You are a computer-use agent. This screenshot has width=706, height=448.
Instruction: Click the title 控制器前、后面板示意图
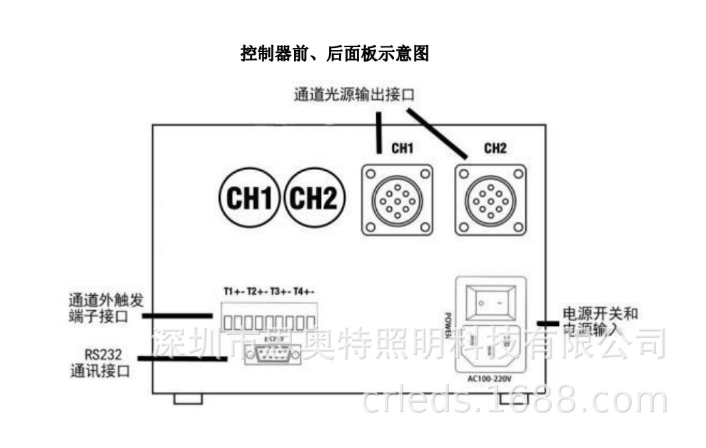(x=334, y=54)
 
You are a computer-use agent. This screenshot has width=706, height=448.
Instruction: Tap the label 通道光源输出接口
(x=355, y=95)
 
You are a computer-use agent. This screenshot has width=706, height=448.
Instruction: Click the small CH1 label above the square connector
(x=403, y=149)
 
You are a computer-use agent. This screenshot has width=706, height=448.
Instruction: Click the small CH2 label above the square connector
(x=495, y=149)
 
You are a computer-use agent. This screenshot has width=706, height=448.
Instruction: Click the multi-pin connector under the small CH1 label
(x=397, y=199)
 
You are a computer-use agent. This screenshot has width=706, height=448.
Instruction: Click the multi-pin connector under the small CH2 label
(x=490, y=199)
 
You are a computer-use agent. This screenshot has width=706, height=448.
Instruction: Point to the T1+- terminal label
(x=234, y=292)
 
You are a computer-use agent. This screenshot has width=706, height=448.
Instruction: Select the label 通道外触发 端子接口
(x=103, y=307)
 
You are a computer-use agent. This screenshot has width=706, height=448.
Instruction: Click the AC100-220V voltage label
(x=490, y=378)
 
